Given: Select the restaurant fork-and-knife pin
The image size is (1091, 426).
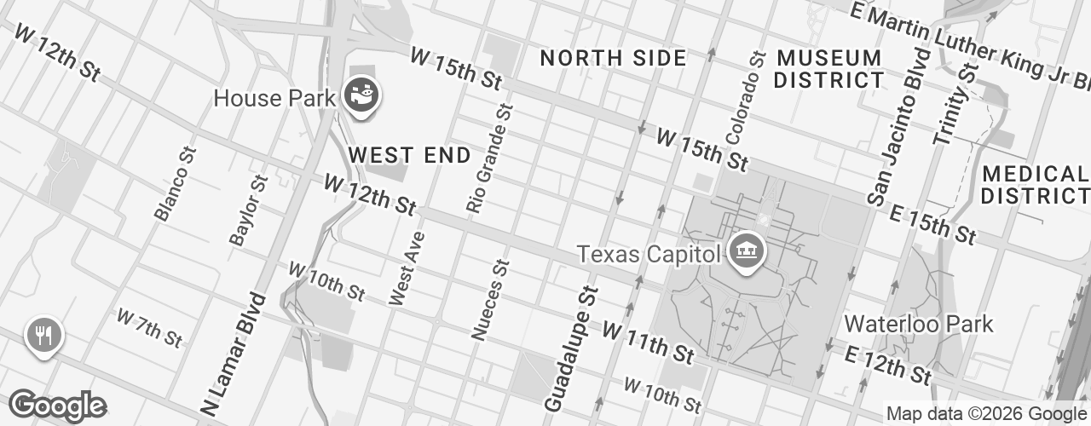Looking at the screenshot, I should pos(43,334).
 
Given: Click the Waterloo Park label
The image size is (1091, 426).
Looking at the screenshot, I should pos(918,324).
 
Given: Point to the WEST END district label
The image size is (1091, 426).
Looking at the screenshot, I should pos(409,155).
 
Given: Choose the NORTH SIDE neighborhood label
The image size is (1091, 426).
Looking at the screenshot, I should pos(613,58).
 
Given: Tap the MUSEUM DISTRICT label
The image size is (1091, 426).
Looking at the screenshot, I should pos(828,69).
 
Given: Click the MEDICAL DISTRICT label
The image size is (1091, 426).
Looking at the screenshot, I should pos(1035,185).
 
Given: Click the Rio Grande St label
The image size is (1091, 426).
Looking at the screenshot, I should pos(489,158).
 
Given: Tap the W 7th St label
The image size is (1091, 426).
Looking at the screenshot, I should pos(149,328).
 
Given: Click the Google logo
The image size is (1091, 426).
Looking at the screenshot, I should pos(57,406).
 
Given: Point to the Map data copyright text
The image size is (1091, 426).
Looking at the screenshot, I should pos(986,414).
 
